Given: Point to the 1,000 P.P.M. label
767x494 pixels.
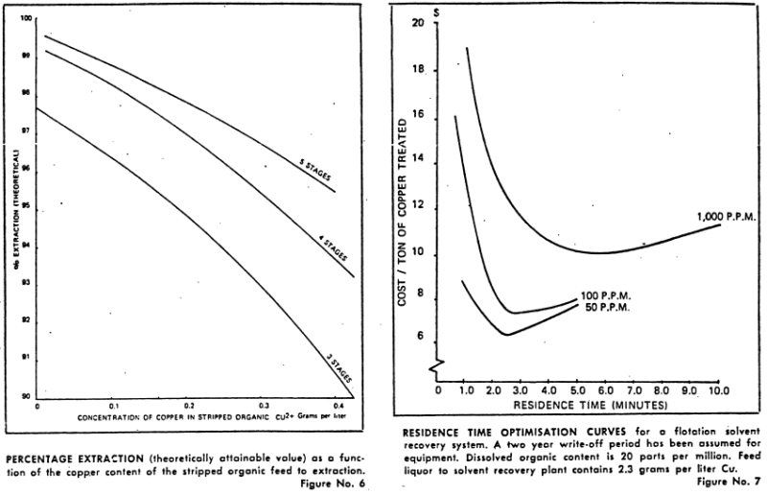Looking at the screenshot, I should point(728,218).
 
